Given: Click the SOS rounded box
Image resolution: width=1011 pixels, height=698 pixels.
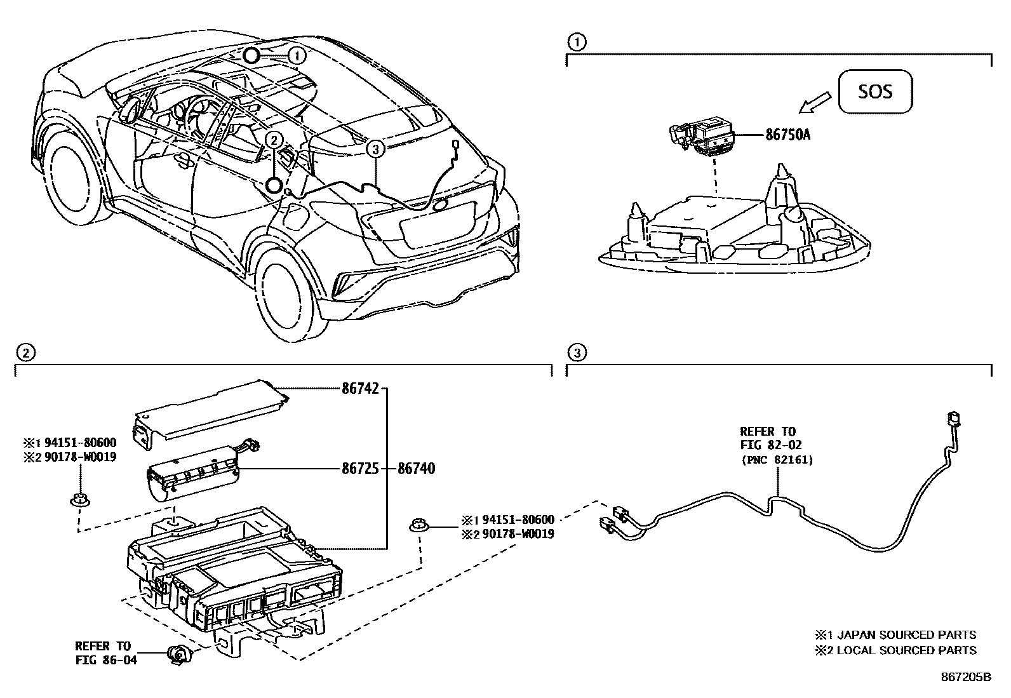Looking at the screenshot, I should pyautogui.click(x=875, y=91).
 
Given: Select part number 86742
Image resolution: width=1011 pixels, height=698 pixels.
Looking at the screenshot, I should pyautogui.click(x=360, y=389).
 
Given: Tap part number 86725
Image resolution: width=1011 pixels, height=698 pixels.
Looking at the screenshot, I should pyautogui.click(x=360, y=469).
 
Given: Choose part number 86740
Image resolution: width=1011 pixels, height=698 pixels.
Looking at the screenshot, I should pyautogui.click(x=417, y=469).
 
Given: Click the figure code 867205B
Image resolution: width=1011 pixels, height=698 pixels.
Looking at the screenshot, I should pyautogui.click(x=965, y=677).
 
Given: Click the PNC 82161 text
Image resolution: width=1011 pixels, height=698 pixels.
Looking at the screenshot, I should pyautogui.click(x=777, y=460).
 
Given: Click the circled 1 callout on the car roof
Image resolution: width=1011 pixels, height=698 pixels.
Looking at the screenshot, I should pyautogui.click(x=297, y=55).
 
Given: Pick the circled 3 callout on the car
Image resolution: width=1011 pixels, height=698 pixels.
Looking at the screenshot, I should pyautogui.click(x=375, y=149).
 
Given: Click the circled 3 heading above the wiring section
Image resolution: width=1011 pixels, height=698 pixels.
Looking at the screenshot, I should pyautogui.click(x=575, y=352).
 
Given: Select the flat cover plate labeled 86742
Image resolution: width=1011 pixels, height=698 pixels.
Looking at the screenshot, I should pyautogui.click(x=210, y=414).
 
